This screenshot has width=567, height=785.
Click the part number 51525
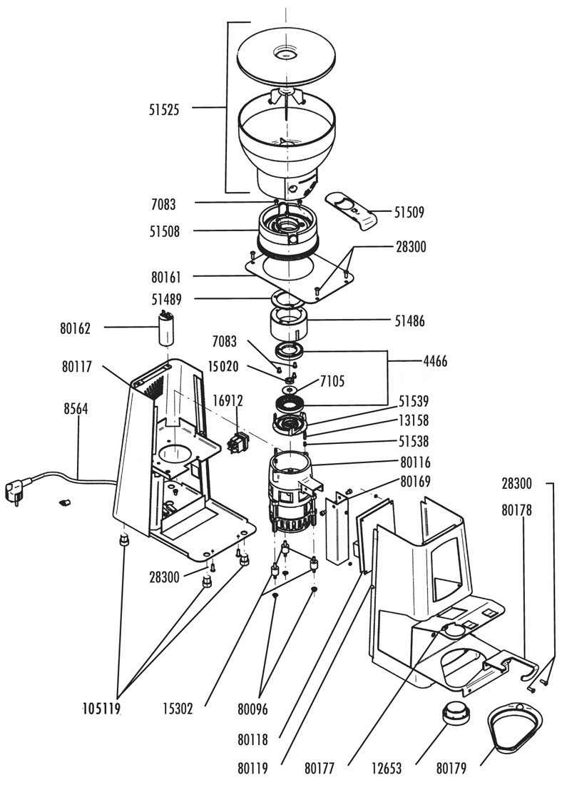(163, 110)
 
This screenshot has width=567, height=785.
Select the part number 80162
(75, 328)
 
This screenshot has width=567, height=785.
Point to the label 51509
(409, 212)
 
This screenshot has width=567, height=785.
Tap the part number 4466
(435, 361)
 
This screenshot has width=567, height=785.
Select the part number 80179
(451, 767)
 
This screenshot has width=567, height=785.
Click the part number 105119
(102, 709)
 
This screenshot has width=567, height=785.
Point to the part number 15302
(178, 709)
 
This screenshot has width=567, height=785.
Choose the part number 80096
(252, 709)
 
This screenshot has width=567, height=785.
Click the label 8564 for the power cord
(76, 408)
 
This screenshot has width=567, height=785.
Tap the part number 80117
(77, 367)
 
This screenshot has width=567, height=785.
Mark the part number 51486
(410, 321)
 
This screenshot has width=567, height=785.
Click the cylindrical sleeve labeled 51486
(289, 323)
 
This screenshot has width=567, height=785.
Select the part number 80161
(166, 277)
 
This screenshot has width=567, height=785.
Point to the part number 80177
(320, 767)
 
